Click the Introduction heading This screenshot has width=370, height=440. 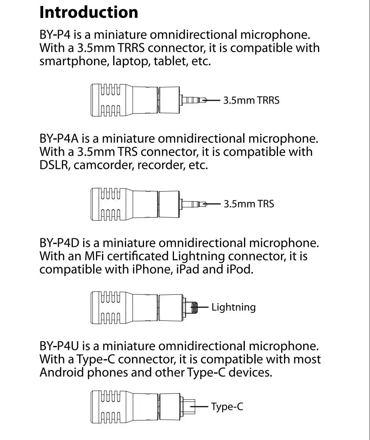tap(89, 12)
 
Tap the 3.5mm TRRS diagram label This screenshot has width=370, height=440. tap(251, 100)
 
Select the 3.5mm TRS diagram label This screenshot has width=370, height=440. tap(248, 204)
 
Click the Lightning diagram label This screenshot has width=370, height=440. tap(233, 307)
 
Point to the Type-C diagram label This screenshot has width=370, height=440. tap(227, 407)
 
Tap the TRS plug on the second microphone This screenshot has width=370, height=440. tap(194, 204)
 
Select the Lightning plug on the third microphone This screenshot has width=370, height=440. tap(190, 308)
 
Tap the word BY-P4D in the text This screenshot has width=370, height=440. tap(60, 243)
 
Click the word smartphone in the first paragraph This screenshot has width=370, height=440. tap(74, 61)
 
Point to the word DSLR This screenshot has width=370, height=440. tap(55, 165)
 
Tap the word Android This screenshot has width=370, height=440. tap(62, 372)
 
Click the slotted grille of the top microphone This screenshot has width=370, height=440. tap(110, 100)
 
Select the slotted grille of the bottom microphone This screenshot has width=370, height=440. tap(110, 407)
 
